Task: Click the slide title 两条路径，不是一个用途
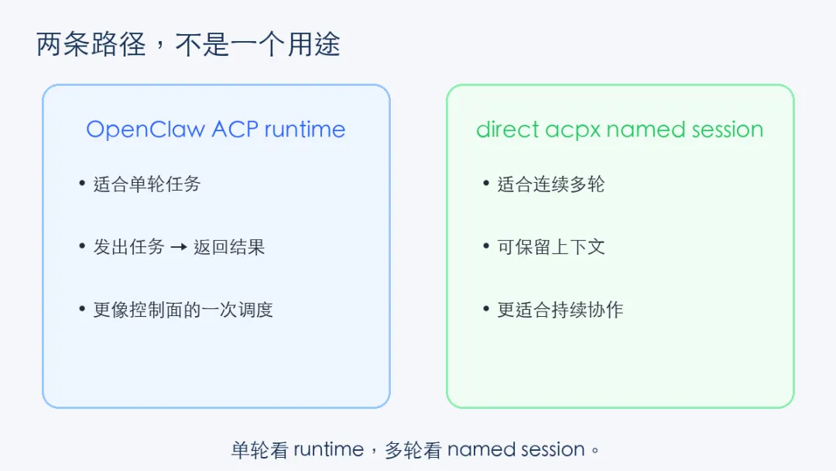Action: pyautogui.click(x=188, y=44)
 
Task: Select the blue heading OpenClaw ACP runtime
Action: pyautogui.click(x=216, y=129)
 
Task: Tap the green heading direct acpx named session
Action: pyautogui.click(x=619, y=129)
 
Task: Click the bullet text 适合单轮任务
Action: pyautogui.click(x=146, y=184)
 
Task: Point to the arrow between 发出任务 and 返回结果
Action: pyautogui.click(x=179, y=248)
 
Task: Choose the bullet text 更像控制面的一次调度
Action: pyautogui.click(x=183, y=310)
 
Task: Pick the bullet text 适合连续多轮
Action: pyautogui.click(x=550, y=184)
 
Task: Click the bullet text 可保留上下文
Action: pyautogui.click(x=550, y=247)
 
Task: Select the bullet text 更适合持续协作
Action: pyautogui.click(x=560, y=310)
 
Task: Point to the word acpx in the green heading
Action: pyautogui.click(x=571, y=130)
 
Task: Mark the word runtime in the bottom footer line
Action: pyautogui.click(x=328, y=450)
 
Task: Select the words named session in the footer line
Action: pyautogui.click(x=516, y=450)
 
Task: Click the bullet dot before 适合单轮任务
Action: pyautogui.click(x=82, y=184)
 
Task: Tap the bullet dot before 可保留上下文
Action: pyautogui.click(x=486, y=246)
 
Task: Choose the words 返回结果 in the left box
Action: pyautogui.click(x=229, y=247)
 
